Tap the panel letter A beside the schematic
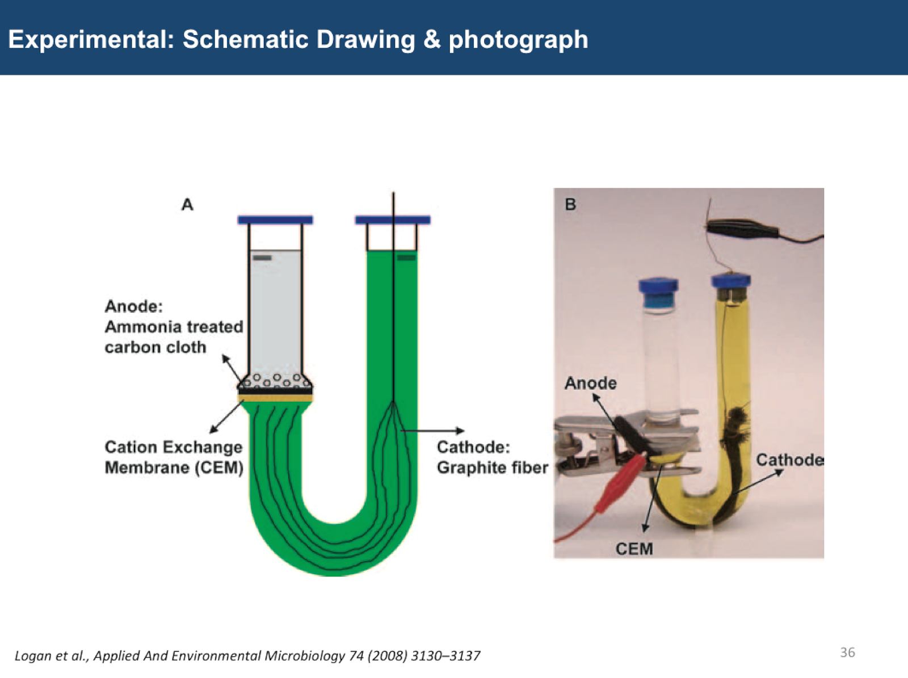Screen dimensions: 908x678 [x=187, y=205]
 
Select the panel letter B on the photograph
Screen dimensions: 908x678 [x=571, y=204]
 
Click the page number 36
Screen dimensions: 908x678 [x=847, y=652]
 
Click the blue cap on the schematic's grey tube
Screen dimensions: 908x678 [x=275, y=220]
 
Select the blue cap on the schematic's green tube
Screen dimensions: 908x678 [x=393, y=220]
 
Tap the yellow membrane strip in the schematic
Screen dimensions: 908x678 [x=275, y=398]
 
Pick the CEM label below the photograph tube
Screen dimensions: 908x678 [x=634, y=549]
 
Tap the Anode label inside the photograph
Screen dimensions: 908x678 [x=591, y=383]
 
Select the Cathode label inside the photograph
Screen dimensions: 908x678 [x=790, y=460]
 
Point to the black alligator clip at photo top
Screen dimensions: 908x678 [x=742, y=229]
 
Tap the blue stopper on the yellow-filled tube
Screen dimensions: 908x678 [x=731, y=281]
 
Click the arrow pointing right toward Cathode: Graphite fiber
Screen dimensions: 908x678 [x=432, y=431]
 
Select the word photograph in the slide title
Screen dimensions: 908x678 [x=518, y=40]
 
